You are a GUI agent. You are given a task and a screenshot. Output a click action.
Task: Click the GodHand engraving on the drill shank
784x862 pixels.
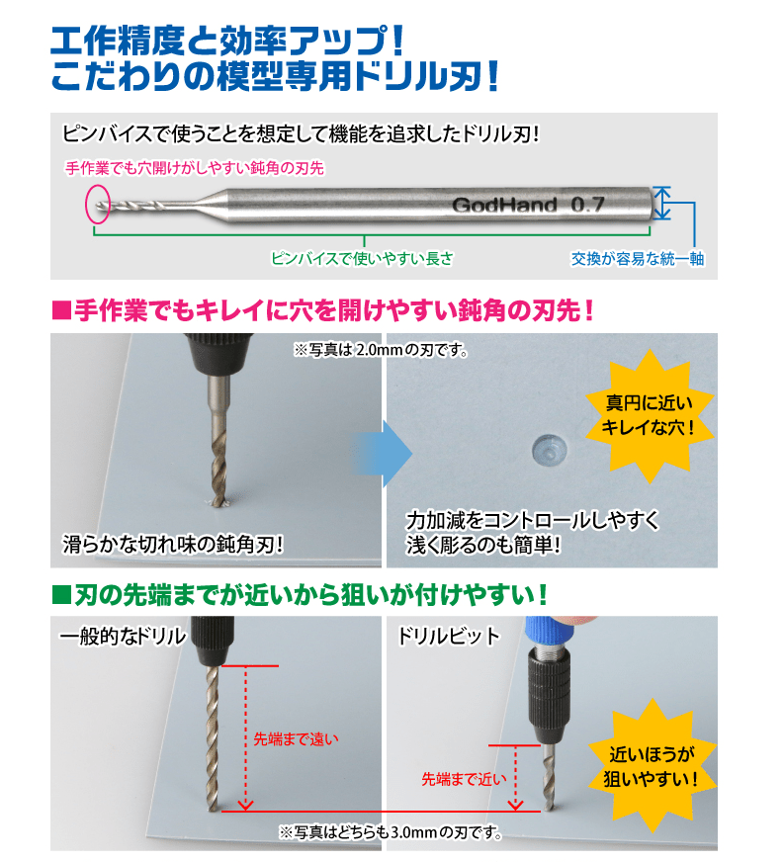tap(504, 205)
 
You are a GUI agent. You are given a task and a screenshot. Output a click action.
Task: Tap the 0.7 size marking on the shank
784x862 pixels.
tap(587, 205)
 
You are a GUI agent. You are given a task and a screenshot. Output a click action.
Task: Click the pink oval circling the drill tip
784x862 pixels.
tap(86, 204)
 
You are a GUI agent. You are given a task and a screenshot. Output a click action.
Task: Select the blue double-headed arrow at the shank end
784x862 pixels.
tap(662, 203)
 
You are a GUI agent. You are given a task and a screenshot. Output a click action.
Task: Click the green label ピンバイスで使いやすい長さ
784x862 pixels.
tap(362, 258)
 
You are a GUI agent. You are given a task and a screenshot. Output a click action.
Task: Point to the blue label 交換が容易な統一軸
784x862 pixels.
tap(638, 258)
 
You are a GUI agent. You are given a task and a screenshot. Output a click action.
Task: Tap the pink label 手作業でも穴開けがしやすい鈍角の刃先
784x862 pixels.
tap(195, 168)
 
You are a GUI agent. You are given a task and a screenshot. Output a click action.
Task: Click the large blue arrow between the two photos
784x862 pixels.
tap(383, 454)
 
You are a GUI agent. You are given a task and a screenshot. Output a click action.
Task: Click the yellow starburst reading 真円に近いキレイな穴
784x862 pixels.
tap(649, 415)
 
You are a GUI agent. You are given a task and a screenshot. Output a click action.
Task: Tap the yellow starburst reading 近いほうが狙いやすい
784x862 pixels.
tap(652, 766)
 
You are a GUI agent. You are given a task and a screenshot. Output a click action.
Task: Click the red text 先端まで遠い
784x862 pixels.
tap(296, 739)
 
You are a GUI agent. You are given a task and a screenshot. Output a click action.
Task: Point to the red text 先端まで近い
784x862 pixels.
tap(464, 779)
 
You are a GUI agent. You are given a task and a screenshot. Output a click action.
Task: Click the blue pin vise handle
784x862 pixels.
tap(548, 630)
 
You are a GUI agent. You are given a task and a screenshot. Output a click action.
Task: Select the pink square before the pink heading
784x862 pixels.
tap(61, 310)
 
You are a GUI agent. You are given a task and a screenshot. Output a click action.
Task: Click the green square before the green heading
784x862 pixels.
tap(61, 595)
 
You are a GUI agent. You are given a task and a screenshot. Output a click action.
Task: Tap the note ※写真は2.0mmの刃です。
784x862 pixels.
tap(381, 350)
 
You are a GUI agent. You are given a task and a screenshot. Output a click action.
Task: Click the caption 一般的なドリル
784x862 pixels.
tap(122, 636)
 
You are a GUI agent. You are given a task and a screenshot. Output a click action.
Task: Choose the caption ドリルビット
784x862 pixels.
tap(449, 636)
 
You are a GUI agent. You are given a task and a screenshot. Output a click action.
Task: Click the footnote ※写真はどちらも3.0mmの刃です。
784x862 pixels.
tap(391, 833)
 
